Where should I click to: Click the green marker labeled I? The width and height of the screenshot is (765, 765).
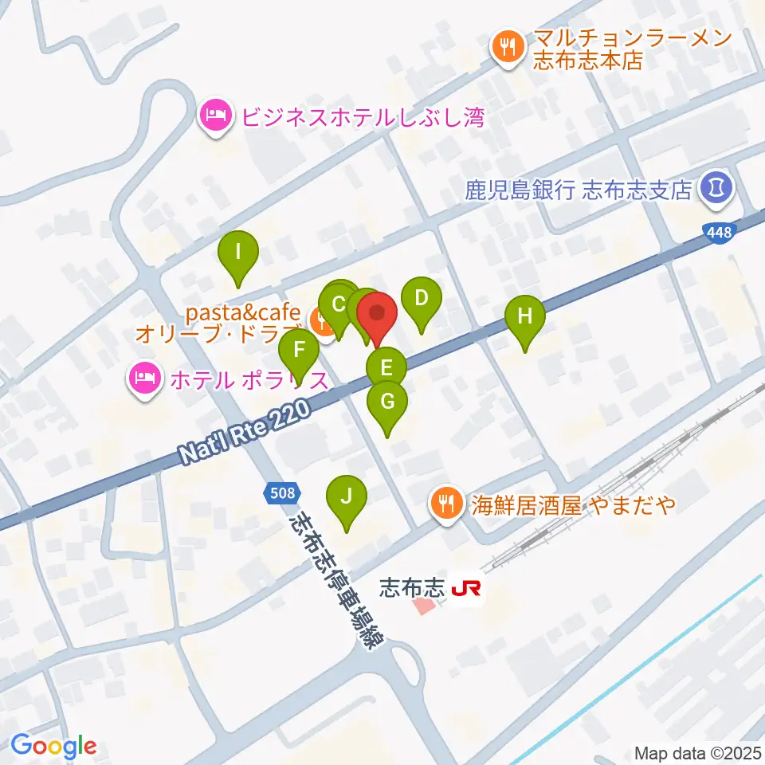238,253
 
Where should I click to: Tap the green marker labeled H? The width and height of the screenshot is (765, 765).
524,316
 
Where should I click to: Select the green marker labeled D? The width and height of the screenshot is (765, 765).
421,299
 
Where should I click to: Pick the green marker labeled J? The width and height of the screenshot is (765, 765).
346,497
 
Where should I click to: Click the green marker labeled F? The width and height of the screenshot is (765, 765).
300,350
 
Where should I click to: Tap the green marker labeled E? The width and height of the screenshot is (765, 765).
386,369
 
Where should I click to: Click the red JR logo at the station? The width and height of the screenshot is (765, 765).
466,590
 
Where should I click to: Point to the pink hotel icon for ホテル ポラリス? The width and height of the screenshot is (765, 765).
144,377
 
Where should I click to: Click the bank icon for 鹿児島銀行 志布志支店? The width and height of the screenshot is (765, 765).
711,189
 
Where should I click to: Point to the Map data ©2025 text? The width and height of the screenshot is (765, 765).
697,751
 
